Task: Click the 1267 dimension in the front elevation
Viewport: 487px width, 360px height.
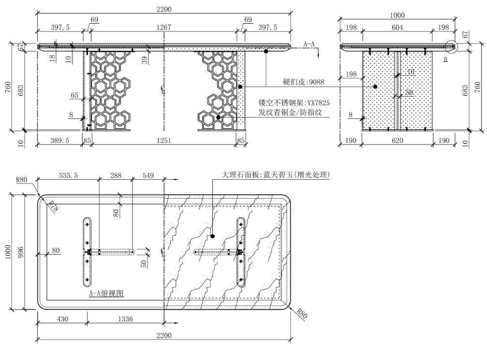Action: (163, 28)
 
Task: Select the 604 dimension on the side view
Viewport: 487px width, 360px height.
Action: (397, 28)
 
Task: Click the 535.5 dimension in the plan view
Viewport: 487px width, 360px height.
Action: (68, 176)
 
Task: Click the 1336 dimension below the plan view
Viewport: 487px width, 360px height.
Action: (126, 319)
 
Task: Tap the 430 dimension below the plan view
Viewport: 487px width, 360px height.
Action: (62, 319)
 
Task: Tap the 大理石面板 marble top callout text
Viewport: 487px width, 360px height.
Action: (276, 174)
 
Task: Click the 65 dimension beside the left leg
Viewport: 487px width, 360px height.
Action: (74, 96)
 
